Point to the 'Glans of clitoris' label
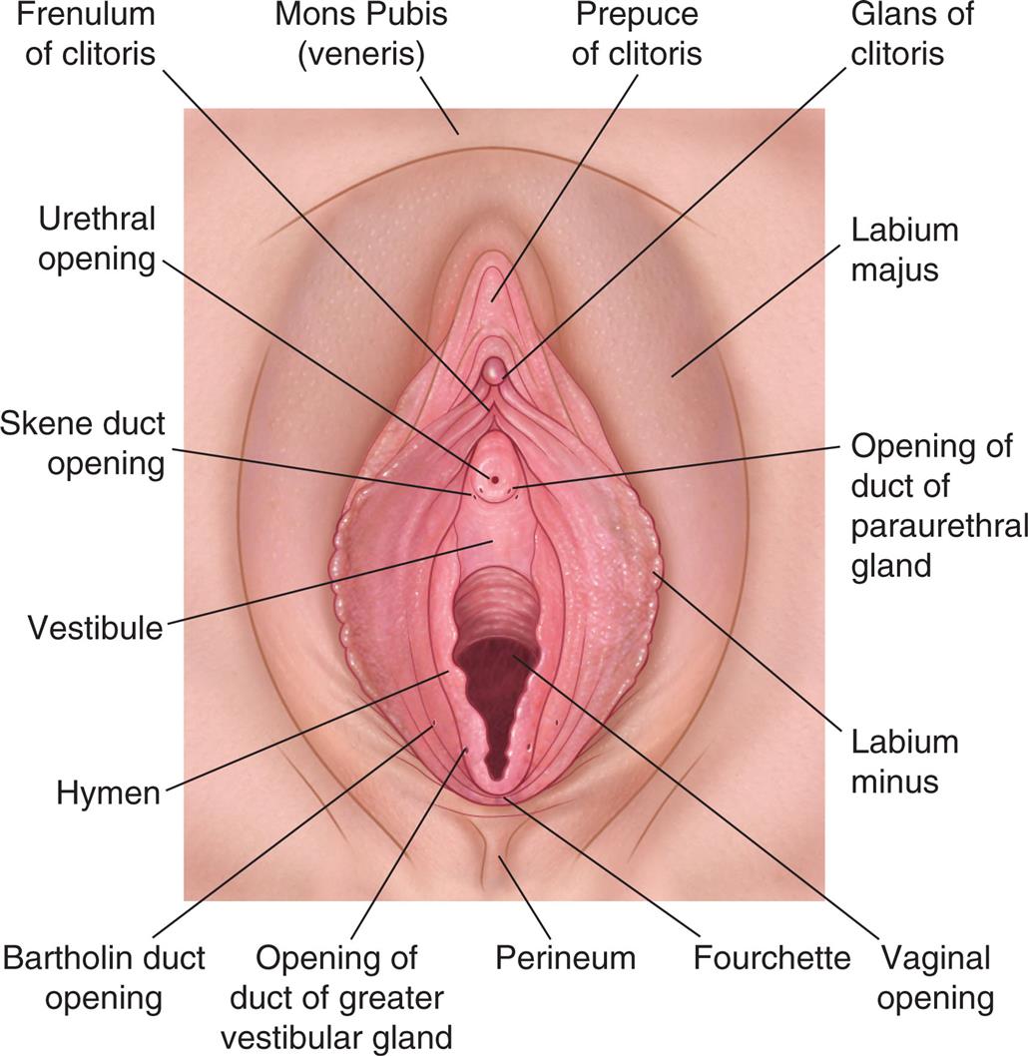tap(910, 34)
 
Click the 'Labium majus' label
tap(903, 250)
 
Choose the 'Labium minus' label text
tap(903, 761)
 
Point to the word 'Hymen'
tap(109, 794)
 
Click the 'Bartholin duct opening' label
tap(104, 977)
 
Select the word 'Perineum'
tap(565, 959)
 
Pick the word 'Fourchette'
tap(771, 959)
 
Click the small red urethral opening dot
tap(494, 479)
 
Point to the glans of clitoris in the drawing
tap(494, 373)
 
